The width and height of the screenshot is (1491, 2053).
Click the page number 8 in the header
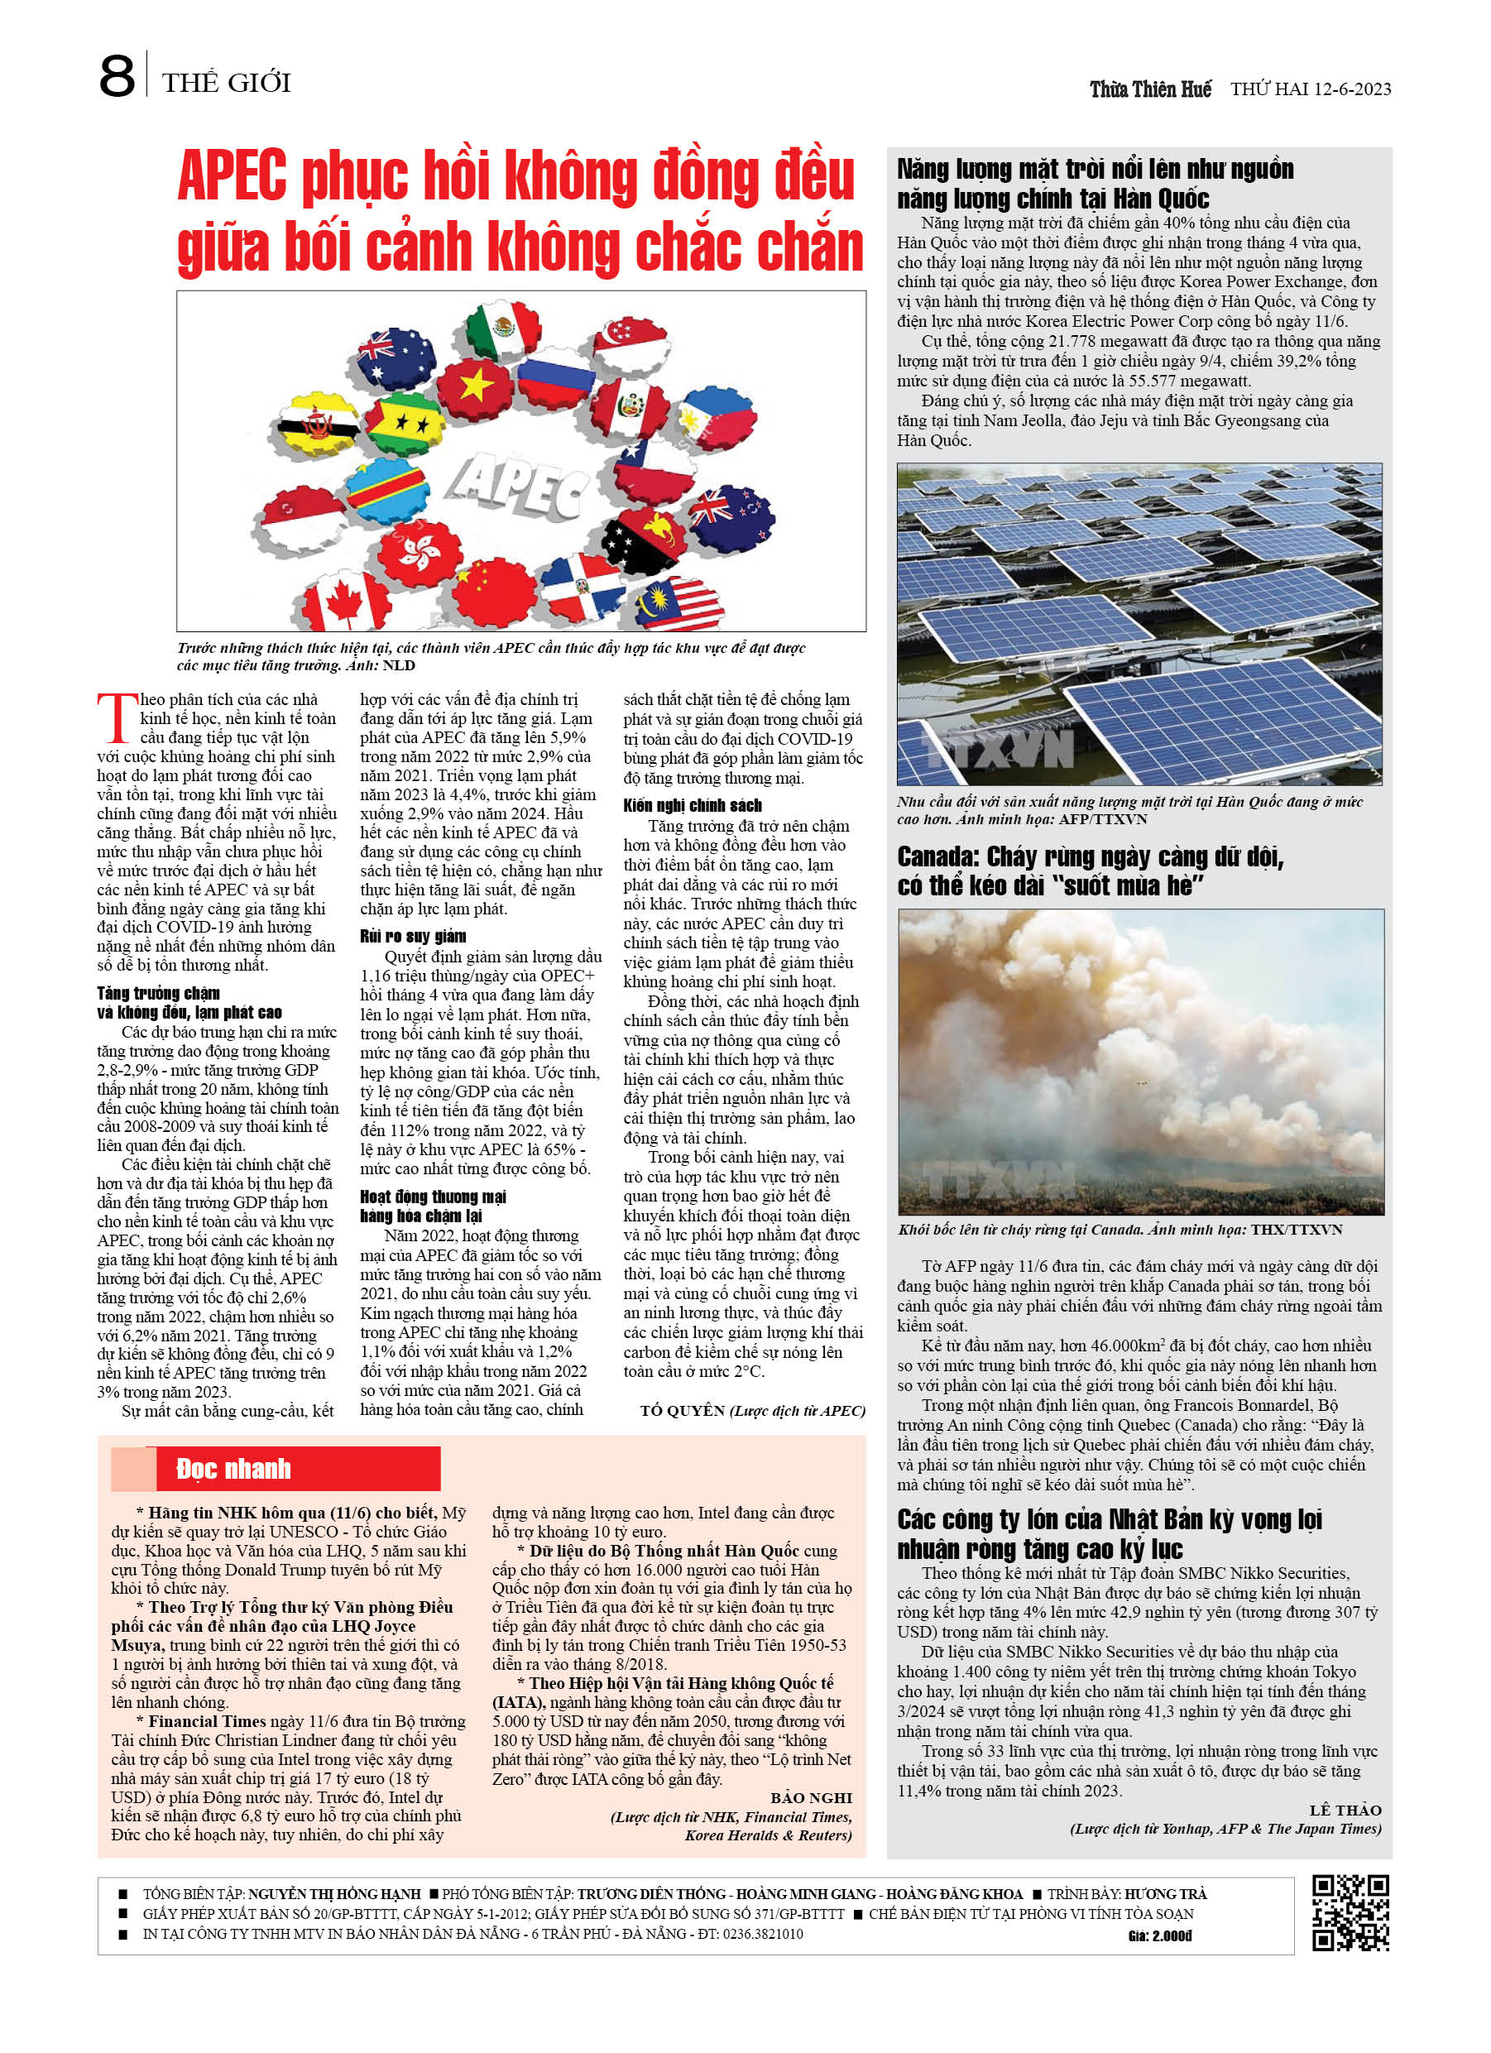[x=117, y=76]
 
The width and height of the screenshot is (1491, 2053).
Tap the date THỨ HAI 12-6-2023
[x=1310, y=89]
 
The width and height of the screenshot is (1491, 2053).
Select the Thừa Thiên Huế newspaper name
[x=1150, y=89]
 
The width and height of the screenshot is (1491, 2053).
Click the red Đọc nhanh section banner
[x=276, y=1468]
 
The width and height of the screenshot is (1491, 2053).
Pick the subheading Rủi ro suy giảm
[x=413, y=936]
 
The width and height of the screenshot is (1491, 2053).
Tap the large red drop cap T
[x=117, y=717]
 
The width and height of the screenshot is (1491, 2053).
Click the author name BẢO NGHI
[x=811, y=1798]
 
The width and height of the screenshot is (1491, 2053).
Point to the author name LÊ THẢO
[x=1345, y=1810]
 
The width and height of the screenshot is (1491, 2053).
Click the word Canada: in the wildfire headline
[x=937, y=856]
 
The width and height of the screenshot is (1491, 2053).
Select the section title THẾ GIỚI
[x=227, y=84]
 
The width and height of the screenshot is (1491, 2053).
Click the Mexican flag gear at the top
[x=503, y=330]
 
